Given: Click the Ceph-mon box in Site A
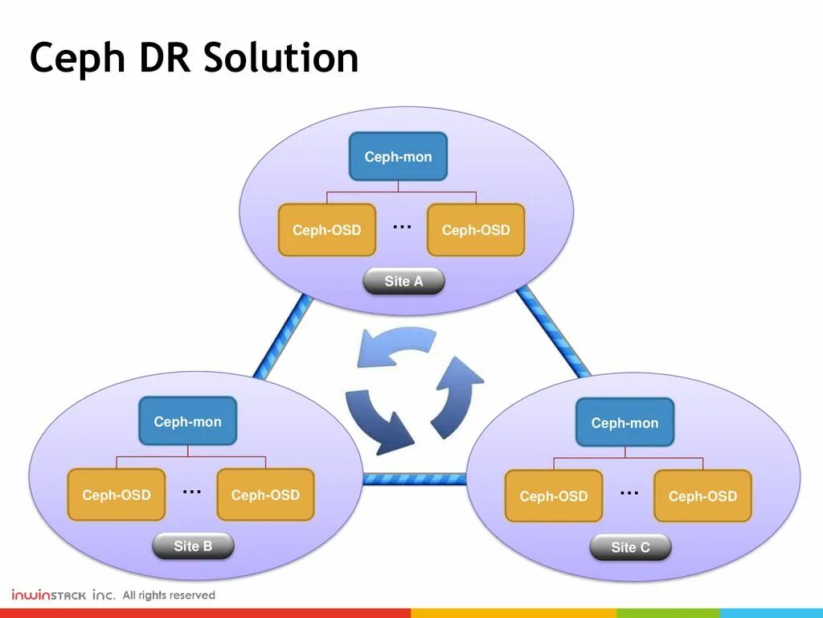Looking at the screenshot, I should coord(398,157).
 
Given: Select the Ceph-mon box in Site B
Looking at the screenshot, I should coord(187,422).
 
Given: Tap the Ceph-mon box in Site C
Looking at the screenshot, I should coord(624,423).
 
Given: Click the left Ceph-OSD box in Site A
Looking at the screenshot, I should coord(327,230).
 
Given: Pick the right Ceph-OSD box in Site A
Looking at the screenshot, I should coord(476,230).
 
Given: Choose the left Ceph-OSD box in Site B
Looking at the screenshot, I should coord(117,495).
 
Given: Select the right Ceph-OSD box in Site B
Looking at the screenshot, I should coord(265,495).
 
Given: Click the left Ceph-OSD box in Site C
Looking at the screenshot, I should coord(554,496).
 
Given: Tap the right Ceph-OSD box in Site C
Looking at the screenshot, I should coord(702,496).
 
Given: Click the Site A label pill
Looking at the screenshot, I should coord(403,282).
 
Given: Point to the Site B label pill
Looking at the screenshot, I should coord(193,546).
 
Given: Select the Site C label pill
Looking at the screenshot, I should coord(630,548).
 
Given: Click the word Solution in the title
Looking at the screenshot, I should coord(280,59).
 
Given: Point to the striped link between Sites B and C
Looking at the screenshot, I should coord(414,479).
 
